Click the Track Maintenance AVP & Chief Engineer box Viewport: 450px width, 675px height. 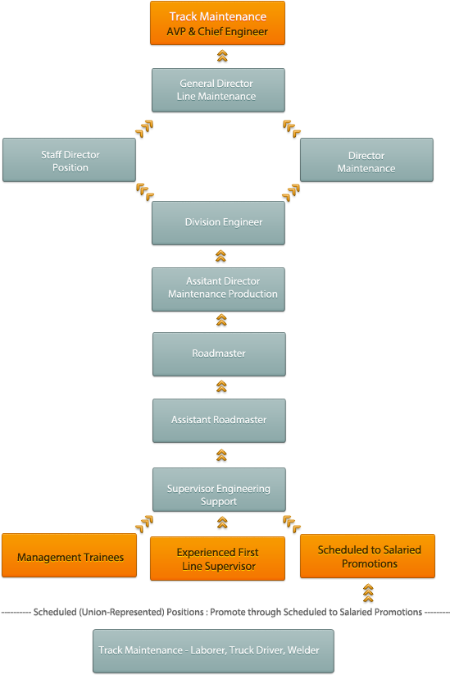click(x=218, y=23)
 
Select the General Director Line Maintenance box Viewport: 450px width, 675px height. click(x=218, y=90)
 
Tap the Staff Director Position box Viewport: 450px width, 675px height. click(x=69, y=160)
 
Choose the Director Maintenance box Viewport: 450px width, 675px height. click(x=366, y=160)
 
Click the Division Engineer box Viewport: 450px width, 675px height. click(x=218, y=223)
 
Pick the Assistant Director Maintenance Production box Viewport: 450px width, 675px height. click(x=218, y=289)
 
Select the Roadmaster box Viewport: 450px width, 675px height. click(x=218, y=353)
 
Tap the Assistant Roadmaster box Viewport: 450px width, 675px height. click(x=218, y=420)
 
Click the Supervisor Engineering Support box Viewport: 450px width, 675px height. click(x=218, y=495)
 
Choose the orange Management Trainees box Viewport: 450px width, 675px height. click(x=70, y=557)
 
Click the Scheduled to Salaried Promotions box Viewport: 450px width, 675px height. click(x=368, y=557)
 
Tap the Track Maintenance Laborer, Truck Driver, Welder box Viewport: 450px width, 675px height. click(x=213, y=650)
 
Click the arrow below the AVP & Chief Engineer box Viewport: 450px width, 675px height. click(x=220, y=56)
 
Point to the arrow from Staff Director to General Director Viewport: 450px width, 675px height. click(x=145, y=127)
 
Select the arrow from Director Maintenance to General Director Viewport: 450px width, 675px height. click(x=291, y=127)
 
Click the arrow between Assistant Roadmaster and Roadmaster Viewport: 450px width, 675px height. click(x=220, y=386)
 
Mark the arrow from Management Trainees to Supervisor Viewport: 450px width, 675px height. click(x=145, y=522)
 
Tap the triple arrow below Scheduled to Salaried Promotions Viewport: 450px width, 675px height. click(x=368, y=592)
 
